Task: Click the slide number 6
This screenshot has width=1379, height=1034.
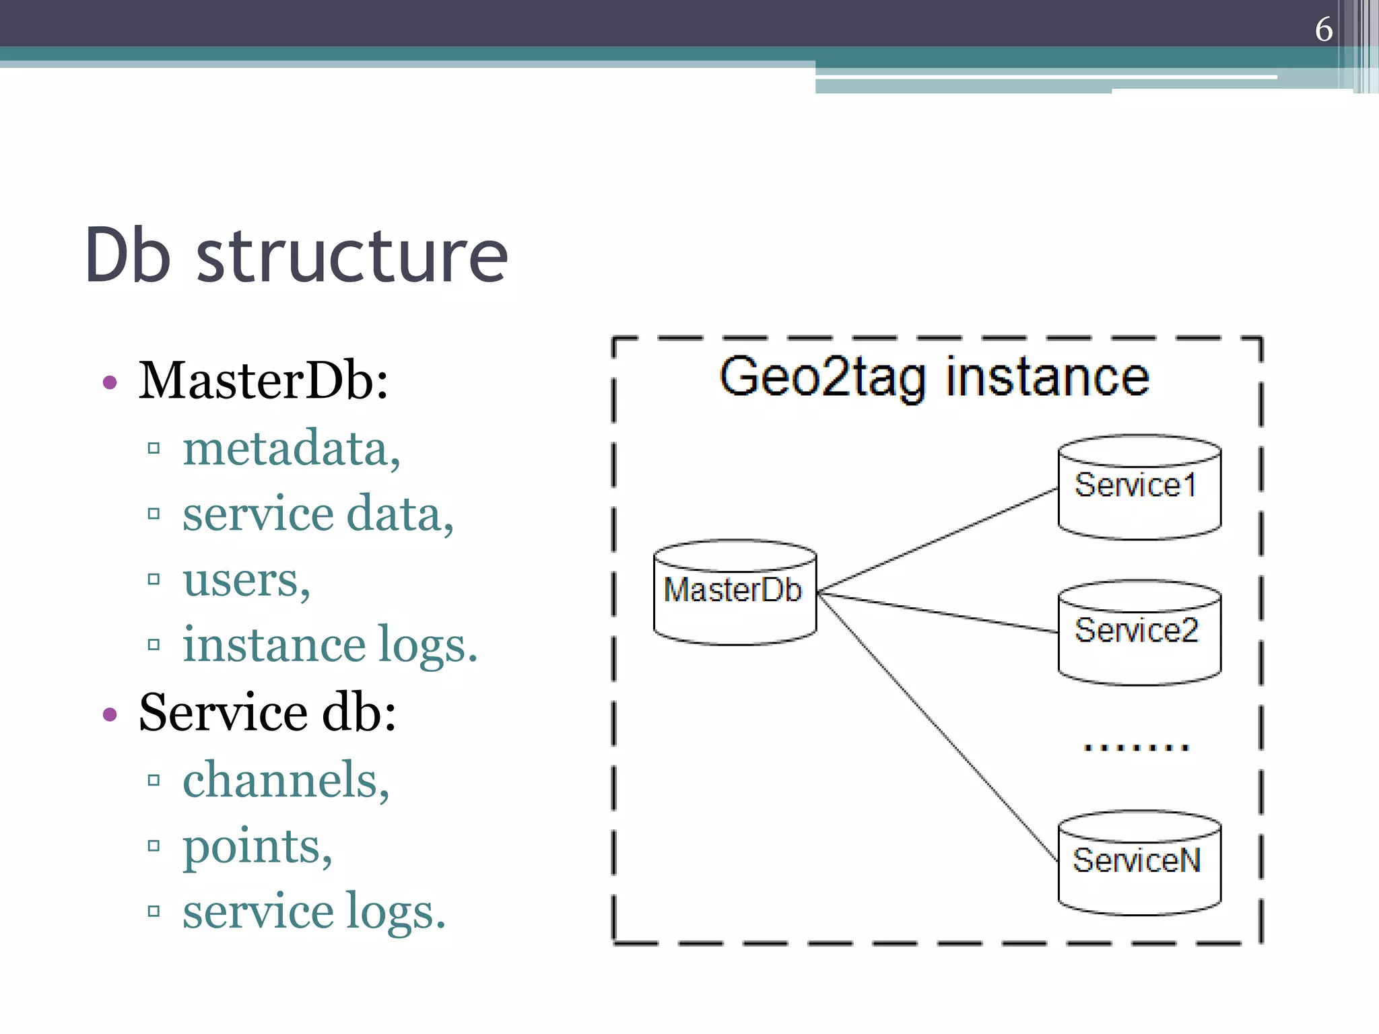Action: click(x=1323, y=30)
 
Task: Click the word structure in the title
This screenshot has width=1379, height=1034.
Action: click(x=351, y=256)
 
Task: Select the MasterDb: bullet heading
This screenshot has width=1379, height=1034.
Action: click(x=263, y=381)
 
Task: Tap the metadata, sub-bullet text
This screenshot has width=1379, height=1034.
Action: click(x=291, y=448)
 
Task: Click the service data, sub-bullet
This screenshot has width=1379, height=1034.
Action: click(x=318, y=514)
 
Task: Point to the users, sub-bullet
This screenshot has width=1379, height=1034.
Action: click(x=246, y=579)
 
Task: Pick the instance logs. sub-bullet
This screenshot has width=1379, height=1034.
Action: click(x=330, y=645)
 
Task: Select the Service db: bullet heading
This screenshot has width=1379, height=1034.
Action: click(x=267, y=712)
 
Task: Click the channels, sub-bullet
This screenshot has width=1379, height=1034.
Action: click(x=286, y=780)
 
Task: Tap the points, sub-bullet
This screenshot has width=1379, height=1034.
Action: click(x=257, y=846)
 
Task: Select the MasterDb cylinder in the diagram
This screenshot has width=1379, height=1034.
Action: click(x=734, y=592)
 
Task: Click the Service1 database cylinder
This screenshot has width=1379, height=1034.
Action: click(x=1139, y=487)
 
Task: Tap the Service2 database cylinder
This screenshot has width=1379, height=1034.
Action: click(x=1139, y=633)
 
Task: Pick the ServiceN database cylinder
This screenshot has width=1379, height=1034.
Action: click(x=1139, y=862)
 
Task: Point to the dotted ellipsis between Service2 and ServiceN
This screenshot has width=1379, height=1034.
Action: click(x=1137, y=747)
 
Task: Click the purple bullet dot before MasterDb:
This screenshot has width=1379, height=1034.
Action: click(x=110, y=383)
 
